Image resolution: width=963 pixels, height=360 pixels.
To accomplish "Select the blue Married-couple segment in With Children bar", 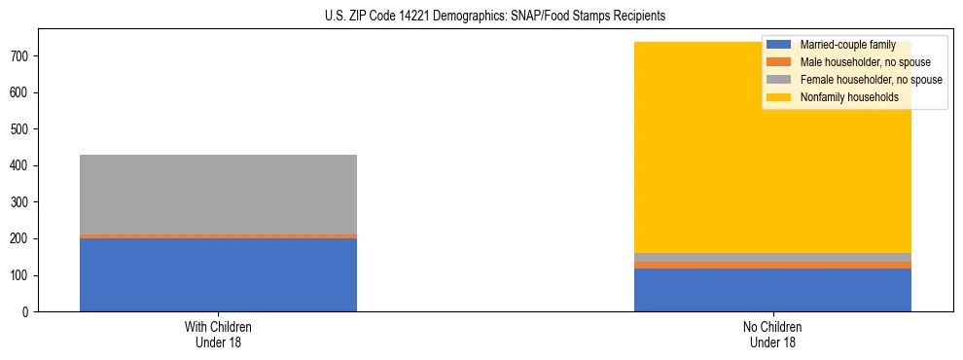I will [x=218, y=275].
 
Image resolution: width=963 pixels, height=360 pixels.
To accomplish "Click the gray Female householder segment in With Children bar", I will [x=218, y=195].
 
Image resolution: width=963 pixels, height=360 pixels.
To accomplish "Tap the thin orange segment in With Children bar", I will [x=218, y=236].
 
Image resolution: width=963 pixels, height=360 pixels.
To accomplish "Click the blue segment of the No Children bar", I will [x=772, y=290].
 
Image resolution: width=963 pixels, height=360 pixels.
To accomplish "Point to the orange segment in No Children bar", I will [x=772, y=265].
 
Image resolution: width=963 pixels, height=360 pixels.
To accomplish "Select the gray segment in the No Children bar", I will [x=772, y=257].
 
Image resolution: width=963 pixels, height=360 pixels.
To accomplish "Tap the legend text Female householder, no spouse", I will [x=870, y=80].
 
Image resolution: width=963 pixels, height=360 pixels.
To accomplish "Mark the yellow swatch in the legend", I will [x=780, y=97].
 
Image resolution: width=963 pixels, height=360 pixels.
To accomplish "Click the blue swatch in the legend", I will [x=780, y=45].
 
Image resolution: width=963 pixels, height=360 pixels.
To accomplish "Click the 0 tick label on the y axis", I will [x=29, y=312].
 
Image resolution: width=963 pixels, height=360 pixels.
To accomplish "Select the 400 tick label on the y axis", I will [x=22, y=166].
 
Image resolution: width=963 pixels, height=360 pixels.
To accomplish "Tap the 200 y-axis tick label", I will [x=22, y=239].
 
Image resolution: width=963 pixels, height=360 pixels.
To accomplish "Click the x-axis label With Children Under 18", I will [x=218, y=335].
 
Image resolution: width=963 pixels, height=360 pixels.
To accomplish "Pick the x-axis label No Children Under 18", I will [x=772, y=335].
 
